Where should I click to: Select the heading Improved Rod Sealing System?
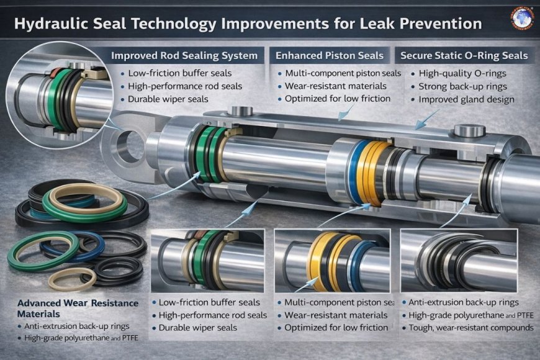pos(184,56)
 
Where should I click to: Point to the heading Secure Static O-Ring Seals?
pos(464,56)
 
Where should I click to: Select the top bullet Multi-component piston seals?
pos(340,73)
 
